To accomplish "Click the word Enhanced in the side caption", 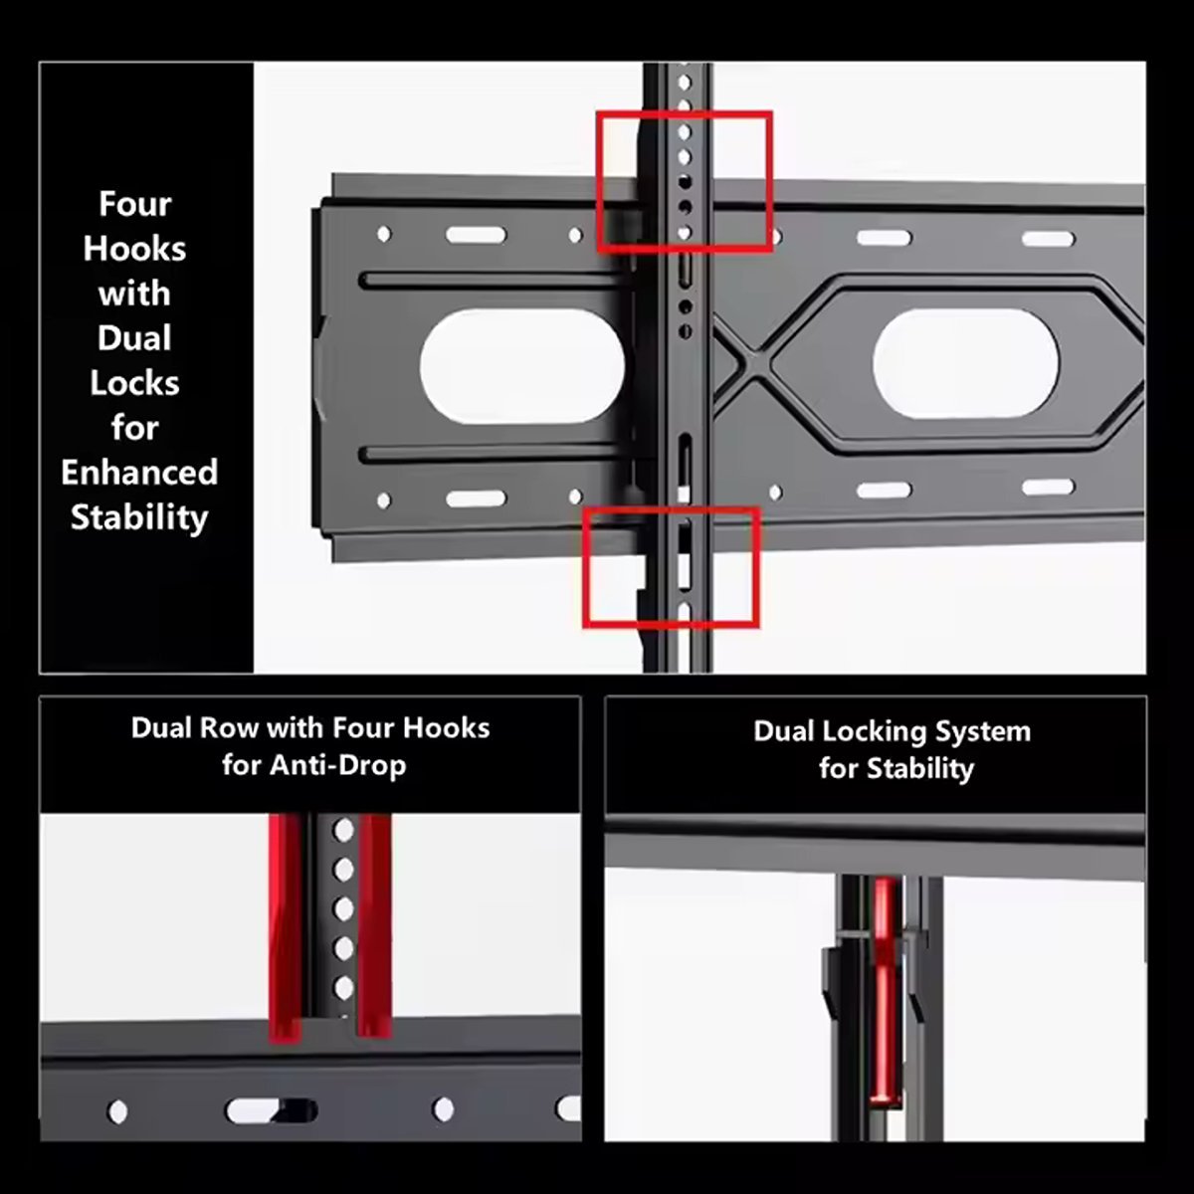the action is tap(139, 473).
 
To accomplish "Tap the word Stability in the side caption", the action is tap(139, 518).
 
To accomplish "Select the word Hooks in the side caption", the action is tap(134, 249).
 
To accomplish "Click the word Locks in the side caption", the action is tap(134, 383).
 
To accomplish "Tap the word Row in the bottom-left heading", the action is tap(229, 728).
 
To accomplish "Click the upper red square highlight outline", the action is tap(685, 113).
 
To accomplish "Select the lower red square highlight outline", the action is tap(671, 510).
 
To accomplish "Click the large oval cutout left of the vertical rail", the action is tap(522, 366).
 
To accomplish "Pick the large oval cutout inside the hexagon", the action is tap(966, 363).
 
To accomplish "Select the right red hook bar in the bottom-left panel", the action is tap(375, 925).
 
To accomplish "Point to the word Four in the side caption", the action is tap(135, 204).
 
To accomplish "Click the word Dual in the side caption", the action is tap(134, 338).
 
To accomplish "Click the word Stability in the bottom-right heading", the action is tap(920, 769).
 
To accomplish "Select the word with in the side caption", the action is tap(134, 294).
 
